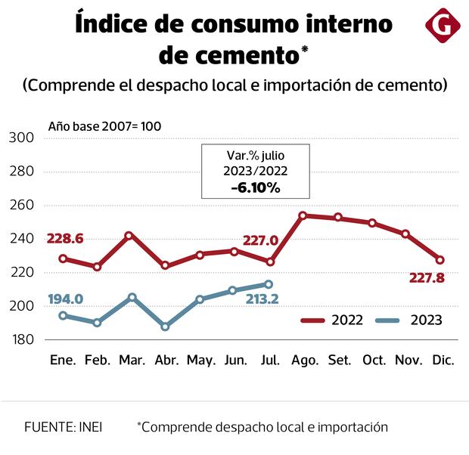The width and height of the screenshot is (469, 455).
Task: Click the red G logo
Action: (443, 26)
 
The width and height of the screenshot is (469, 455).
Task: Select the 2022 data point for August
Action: (303, 215)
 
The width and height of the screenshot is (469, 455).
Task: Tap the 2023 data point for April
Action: (165, 327)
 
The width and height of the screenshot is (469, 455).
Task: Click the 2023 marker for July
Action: (269, 284)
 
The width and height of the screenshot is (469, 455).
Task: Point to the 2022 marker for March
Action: (129, 236)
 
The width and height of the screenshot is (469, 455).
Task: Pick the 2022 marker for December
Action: (440, 260)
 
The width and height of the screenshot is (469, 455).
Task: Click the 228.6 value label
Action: (65, 239)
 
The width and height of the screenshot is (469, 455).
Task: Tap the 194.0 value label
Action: (65, 299)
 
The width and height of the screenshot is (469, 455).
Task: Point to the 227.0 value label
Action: (261, 241)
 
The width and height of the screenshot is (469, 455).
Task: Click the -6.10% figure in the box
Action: (254, 187)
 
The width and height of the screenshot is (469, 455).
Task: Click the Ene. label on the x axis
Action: (63, 361)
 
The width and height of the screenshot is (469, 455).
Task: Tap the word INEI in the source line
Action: (89, 427)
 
